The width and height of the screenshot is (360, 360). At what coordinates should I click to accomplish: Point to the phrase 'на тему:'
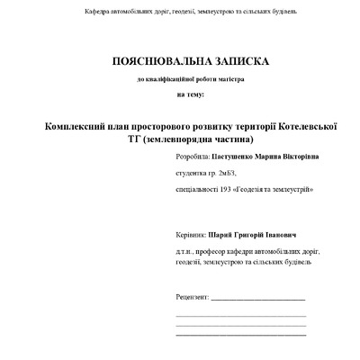click(191, 94)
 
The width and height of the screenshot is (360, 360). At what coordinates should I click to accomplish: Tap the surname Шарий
click(220, 234)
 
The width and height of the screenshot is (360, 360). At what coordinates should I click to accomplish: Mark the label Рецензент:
click(193, 295)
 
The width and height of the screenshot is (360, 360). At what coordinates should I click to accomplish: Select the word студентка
click(193, 174)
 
